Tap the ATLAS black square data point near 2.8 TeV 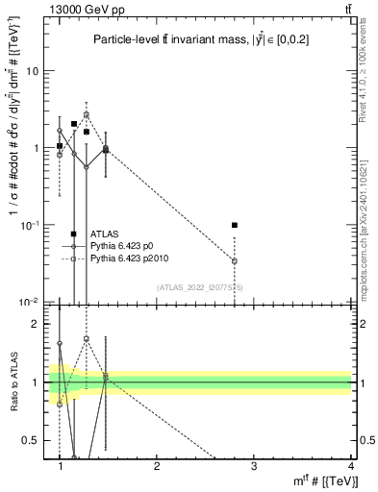click(x=235, y=225)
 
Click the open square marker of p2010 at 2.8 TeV click(x=235, y=260)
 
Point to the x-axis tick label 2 click(x=157, y=465)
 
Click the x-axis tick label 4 click(x=350, y=465)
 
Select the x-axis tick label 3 click(x=254, y=465)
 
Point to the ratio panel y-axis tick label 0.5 click(x=34, y=440)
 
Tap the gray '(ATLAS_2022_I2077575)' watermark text click(x=199, y=286)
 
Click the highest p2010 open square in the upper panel click(x=87, y=114)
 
